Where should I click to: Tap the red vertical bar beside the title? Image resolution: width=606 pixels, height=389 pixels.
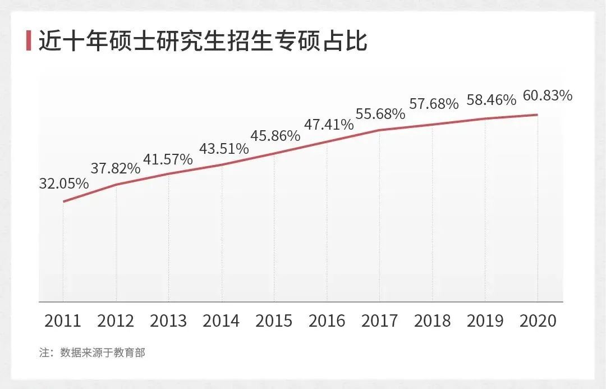point(29,42)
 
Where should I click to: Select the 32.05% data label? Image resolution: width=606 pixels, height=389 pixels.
point(64,184)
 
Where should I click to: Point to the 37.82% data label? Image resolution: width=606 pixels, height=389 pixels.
point(116,168)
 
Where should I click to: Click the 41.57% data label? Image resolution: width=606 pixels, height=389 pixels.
point(168,159)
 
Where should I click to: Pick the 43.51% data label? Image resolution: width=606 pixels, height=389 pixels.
point(224,149)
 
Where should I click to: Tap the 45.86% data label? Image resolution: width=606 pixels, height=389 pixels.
point(275,136)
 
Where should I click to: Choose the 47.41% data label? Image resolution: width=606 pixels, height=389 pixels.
point(329,124)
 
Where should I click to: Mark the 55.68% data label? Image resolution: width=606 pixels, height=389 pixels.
point(380,114)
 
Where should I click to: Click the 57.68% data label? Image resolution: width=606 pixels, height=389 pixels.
point(434,104)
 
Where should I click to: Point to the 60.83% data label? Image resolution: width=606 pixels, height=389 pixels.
point(547,96)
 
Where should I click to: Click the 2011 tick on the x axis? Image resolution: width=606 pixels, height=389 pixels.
point(63,321)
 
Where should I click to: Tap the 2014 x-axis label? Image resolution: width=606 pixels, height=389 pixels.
point(221,321)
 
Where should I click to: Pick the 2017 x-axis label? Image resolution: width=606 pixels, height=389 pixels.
point(379,321)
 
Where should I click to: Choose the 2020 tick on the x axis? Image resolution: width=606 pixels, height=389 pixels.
point(538,321)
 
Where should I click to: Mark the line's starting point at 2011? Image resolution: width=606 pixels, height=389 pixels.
point(63,202)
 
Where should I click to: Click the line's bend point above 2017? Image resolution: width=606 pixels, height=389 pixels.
point(380,130)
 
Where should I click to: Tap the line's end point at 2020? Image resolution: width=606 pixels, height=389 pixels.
point(538,115)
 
